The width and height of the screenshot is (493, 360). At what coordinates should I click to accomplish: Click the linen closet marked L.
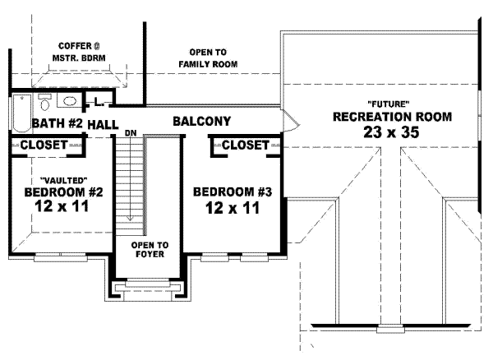[99, 102]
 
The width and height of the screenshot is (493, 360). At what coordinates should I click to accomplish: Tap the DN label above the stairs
[130, 132]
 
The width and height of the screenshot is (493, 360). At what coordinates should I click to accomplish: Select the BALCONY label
[201, 122]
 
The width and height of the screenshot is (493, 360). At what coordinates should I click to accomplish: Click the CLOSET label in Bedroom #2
[44, 145]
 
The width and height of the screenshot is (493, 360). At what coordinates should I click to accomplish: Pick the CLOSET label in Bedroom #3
[246, 145]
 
